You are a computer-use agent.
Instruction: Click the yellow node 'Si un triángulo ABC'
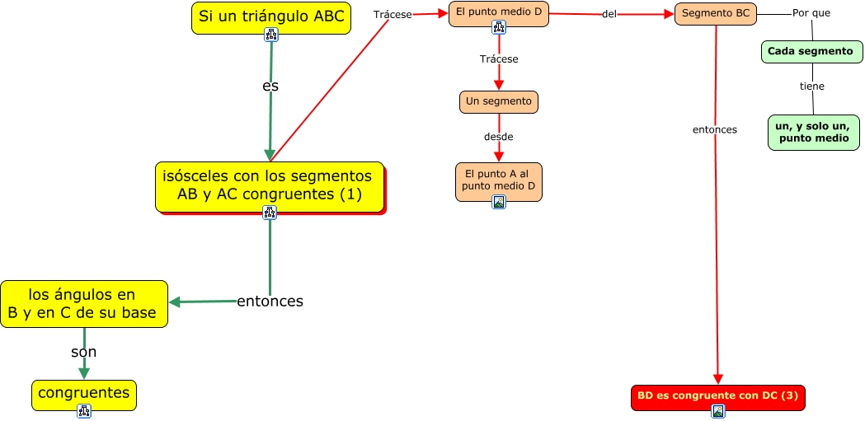(x=271, y=17)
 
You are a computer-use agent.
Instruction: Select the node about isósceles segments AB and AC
(x=270, y=187)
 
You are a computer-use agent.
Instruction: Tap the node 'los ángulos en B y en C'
(x=84, y=304)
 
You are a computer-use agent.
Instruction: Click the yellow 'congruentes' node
(x=84, y=395)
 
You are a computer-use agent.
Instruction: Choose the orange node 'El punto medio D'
(x=499, y=14)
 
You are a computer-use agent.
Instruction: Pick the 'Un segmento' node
(x=499, y=102)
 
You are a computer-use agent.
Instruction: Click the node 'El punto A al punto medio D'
(x=499, y=181)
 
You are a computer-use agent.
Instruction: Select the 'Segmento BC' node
(x=716, y=14)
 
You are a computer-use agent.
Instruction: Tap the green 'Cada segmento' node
(x=812, y=52)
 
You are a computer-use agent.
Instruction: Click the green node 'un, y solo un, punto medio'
(x=814, y=133)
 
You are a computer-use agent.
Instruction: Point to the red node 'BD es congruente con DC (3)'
(x=718, y=397)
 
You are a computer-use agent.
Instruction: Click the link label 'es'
(x=270, y=87)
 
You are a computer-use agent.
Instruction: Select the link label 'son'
(x=84, y=352)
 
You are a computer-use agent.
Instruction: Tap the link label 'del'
(x=609, y=14)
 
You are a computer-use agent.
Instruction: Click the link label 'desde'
(x=499, y=137)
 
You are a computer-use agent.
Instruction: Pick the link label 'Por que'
(x=811, y=12)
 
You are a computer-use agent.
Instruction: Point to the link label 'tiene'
(x=812, y=86)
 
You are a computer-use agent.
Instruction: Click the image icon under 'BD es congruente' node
(x=718, y=411)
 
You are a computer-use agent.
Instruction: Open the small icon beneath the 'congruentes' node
(x=84, y=411)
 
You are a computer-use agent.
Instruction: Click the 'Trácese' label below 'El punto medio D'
(x=499, y=59)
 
